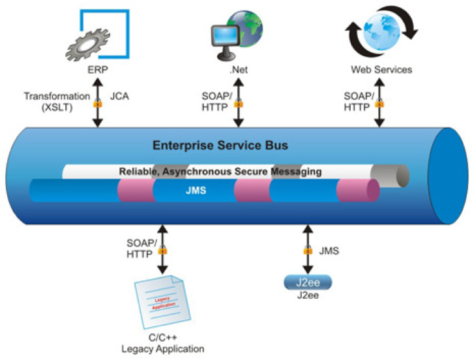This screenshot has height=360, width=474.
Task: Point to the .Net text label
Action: click(x=237, y=69)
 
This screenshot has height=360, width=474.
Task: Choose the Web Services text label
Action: click(x=381, y=69)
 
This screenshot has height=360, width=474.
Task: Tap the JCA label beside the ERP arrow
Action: click(x=119, y=97)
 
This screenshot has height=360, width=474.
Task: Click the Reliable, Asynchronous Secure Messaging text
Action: click(x=220, y=172)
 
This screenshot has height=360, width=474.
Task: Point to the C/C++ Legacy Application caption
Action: click(x=163, y=344)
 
